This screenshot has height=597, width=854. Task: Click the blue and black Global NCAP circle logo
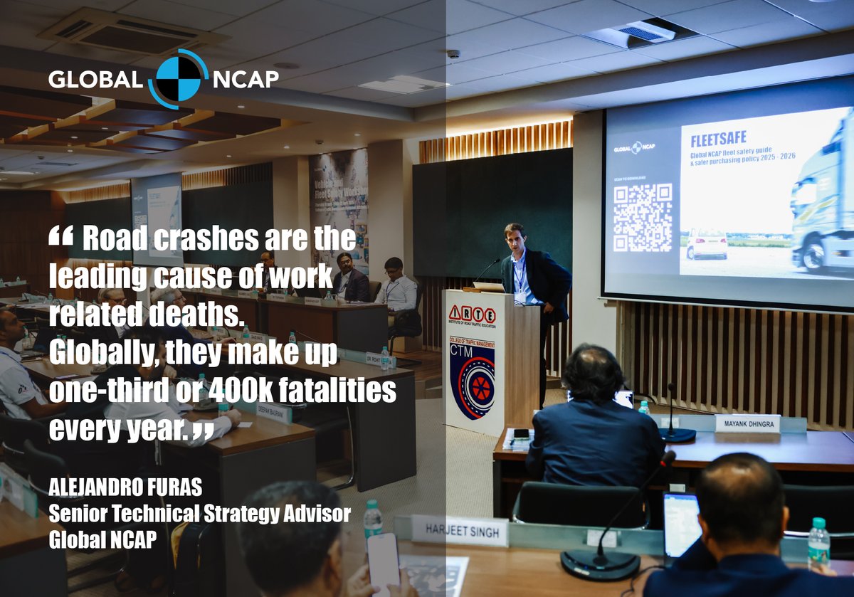pyautogui.click(x=179, y=78)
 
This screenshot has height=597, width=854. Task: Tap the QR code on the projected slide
pyautogui.click(x=643, y=217)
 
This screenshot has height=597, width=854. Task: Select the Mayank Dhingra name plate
pyautogui.click(x=747, y=423)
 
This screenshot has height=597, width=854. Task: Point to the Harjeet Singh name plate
pyautogui.click(x=460, y=531)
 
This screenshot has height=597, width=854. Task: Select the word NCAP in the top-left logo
pyautogui.click(x=246, y=79)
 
